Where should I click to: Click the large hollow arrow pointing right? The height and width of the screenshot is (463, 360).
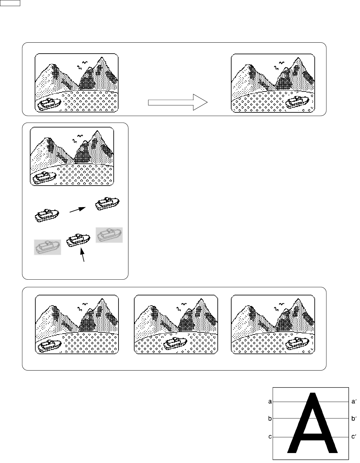(x=178, y=102)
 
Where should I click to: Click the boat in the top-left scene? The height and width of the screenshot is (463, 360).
(x=49, y=104)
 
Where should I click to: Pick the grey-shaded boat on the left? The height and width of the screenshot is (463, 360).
(x=47, y=247)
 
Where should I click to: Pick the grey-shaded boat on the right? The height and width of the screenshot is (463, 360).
(x=109, y=235)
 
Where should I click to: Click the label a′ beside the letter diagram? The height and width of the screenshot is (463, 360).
(x=354, y=401)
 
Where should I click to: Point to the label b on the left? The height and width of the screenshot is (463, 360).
(x=270, y=418)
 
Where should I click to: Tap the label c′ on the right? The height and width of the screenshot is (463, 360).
(x=354, y=437)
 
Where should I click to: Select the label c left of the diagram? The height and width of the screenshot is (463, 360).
(x=270, y=437)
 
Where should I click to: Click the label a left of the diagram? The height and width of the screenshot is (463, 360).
(x=270, y=401)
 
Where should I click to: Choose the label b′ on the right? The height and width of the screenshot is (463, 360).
(x=354, y=418)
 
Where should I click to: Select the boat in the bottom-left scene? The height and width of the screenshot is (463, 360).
(x=49, y=345)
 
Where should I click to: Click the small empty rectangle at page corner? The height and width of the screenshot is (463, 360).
(x=10, y=3)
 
